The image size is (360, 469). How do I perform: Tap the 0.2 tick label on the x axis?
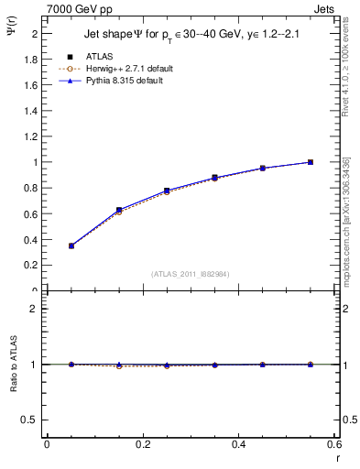141,444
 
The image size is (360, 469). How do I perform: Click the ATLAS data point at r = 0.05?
71,245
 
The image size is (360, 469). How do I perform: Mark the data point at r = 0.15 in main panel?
118,210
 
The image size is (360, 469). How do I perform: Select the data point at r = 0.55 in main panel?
311,162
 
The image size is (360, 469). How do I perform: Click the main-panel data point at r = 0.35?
214,178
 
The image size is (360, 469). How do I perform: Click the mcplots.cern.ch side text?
346,229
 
